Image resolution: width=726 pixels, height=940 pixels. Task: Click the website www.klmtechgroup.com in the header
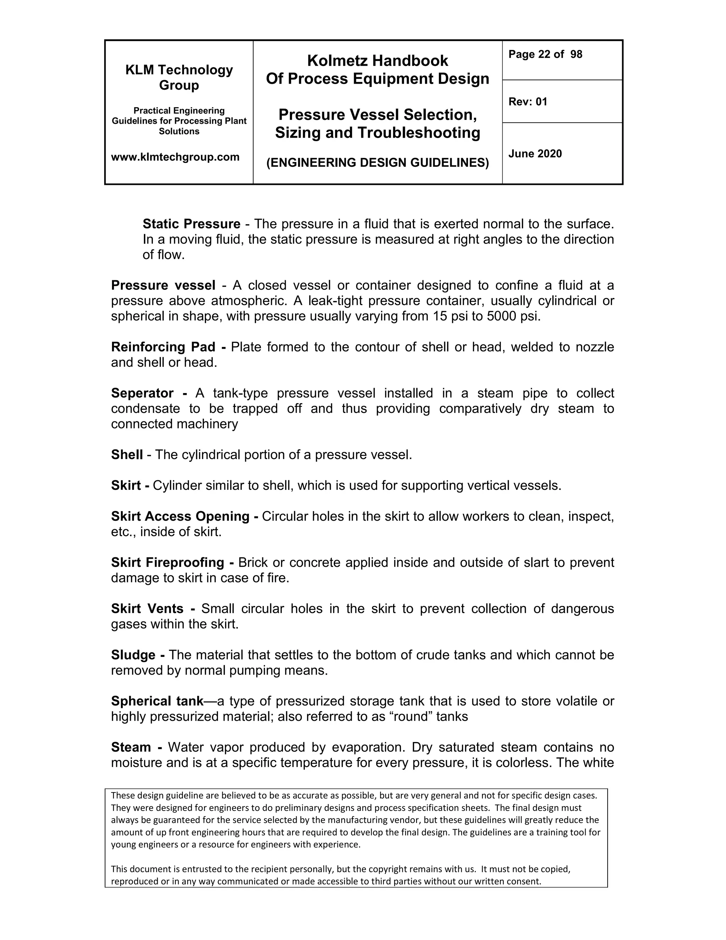pos(175,157)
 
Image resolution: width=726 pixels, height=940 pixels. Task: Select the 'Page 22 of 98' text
pos(545,54)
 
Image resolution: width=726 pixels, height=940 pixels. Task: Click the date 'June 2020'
pos(535,154)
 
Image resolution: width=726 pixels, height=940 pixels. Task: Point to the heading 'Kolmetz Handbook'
pos(377,61)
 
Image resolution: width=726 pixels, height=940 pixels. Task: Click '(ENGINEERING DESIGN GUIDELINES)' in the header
pos(377,163)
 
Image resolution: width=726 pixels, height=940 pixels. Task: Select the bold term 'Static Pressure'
pos(191,224)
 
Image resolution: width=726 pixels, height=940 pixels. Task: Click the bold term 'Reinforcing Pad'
pos(163,347)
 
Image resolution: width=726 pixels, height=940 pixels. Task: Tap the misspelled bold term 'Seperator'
pos(143,393)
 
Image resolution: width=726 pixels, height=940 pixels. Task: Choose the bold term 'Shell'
pos(127,454)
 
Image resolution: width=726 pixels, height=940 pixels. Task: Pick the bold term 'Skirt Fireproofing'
pos(168,562)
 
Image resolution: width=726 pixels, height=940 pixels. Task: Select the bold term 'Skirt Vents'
pos(147,609)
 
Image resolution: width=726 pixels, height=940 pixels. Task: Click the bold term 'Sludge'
pos(133,655)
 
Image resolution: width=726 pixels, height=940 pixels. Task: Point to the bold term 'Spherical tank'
pos(157,701)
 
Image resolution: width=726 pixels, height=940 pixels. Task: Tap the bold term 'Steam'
pos(131,747)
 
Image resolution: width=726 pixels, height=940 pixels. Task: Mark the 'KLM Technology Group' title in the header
pos(179,77)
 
